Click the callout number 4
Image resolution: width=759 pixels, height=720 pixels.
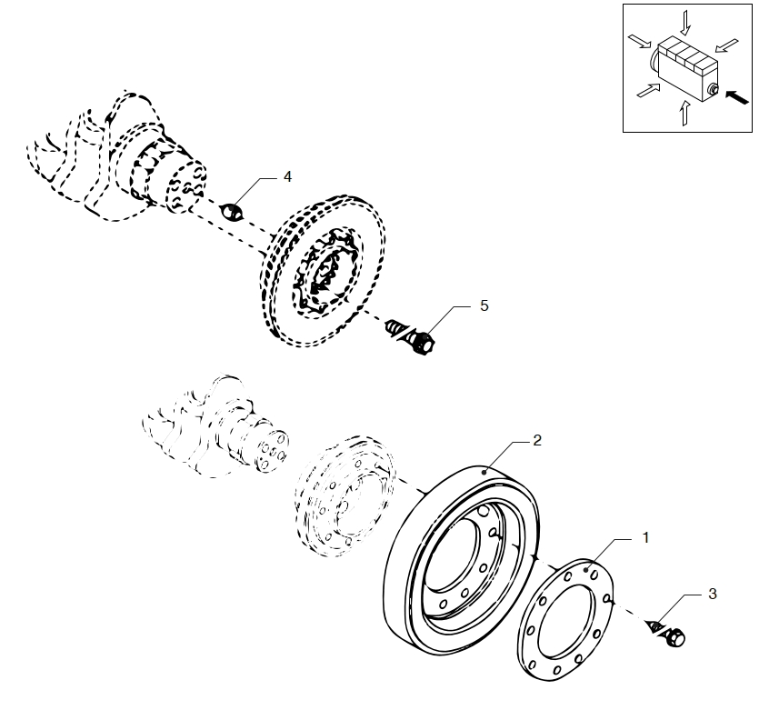tap(287, 176)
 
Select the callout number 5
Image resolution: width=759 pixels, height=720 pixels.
tap(484, 306)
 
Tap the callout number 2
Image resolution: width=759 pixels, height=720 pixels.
tap(536, 440)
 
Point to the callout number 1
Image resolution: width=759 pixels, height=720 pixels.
tap(645, 537)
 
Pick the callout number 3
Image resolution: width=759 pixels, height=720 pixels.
tap(712, 594)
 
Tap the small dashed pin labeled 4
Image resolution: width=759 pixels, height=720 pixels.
tap(232, 214)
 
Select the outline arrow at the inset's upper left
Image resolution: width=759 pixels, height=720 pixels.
tap(638, 41)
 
